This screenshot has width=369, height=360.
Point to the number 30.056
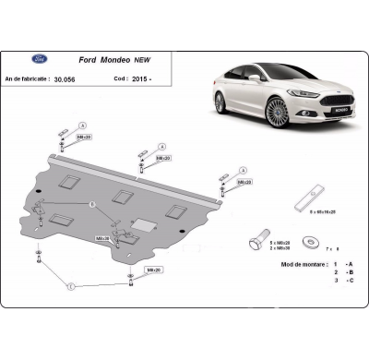coord(65,80)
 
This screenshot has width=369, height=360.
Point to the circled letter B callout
coord(91,203)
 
